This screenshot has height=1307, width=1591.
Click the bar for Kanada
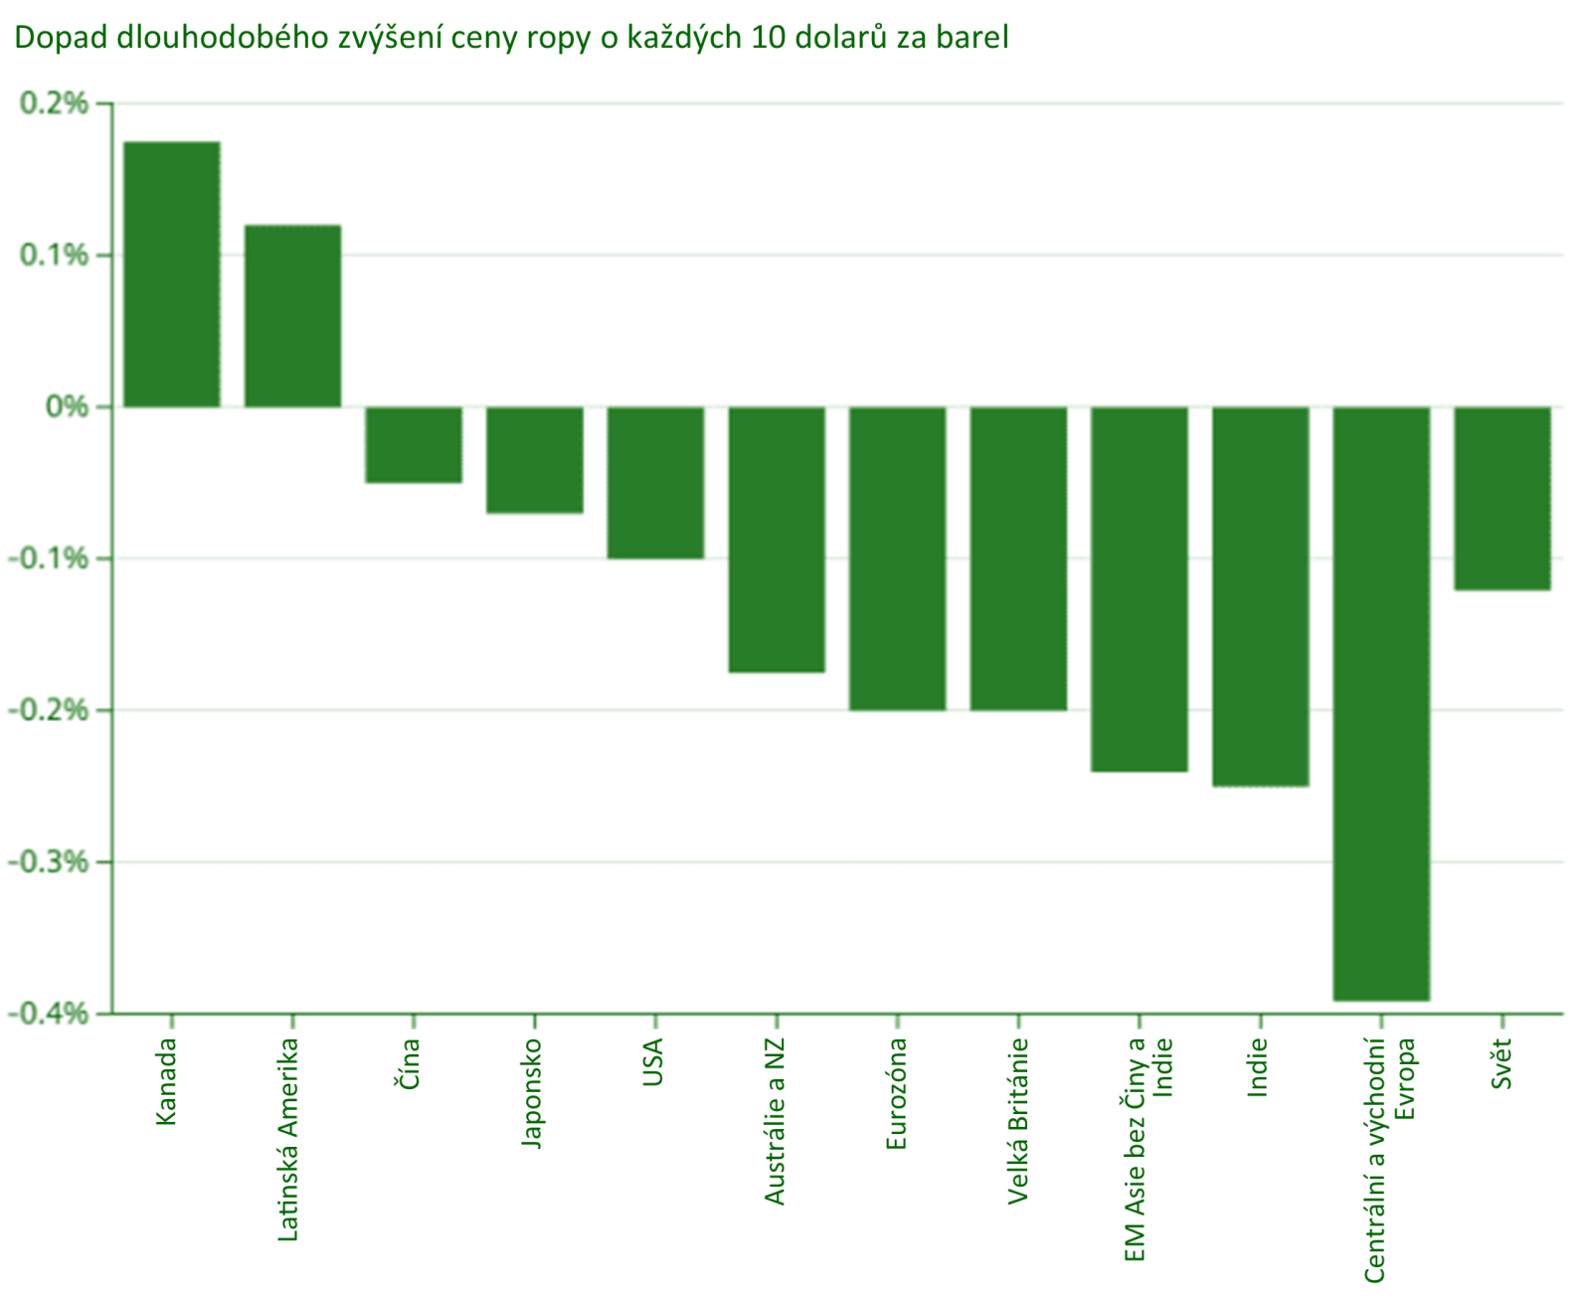(x=171, y=275)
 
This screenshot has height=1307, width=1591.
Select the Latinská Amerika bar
(x=292, y=316)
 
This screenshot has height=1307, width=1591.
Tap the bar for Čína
(x=414, y=445)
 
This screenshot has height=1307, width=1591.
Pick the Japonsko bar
(x=535, y=460)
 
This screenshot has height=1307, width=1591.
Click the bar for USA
(x=656, y=482)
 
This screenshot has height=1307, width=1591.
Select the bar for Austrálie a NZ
(x=777, y=539)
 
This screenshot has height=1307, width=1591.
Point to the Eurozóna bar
(x=898, y=558)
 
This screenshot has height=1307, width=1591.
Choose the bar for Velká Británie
(x=1019, y=558)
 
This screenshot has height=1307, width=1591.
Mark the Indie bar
(x=1261, y=597)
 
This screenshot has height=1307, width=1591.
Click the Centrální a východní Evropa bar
(x=1382, y=703)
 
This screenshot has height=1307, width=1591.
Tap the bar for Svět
(x=1503, y=498)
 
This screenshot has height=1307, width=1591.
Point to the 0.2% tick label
(x=54, y=103)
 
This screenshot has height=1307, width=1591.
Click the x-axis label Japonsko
(x=533, y=1093)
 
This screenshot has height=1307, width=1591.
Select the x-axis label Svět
(x=1502, y=1063)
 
